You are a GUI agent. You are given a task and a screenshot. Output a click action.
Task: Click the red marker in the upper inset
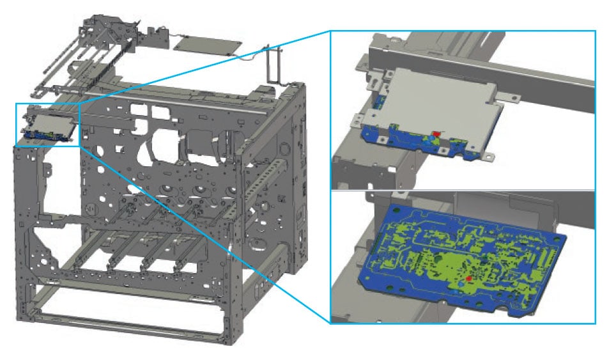[436, 134]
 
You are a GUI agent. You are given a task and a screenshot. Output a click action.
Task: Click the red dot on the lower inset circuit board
[468, 279]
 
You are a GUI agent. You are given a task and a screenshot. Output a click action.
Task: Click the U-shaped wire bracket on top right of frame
[274, 64]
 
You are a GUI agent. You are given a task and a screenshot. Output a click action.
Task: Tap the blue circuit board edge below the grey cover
[415, 144]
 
